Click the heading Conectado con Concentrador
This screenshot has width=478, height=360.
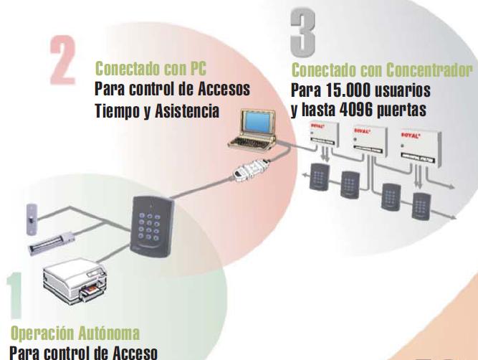point(383,70)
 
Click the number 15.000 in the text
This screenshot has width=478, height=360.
point(350,91)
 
